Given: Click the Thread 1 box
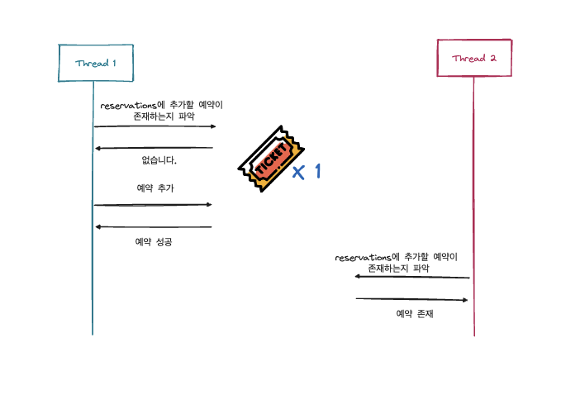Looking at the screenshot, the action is (96, 63).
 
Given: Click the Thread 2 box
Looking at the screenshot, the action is (473, 58).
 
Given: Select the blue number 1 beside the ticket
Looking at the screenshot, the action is (315, 171).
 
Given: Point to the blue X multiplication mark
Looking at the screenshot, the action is (298, 172).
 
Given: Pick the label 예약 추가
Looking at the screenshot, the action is (155, 188).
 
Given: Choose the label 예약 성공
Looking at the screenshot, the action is (154, 242).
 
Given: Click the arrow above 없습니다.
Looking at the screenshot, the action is (155, 148).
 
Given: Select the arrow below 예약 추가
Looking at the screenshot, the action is (154, 204).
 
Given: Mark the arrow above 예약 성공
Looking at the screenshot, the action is (154, 226).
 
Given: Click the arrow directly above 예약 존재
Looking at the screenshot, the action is (411, 299).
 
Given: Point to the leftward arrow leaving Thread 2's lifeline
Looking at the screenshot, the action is (412, 277).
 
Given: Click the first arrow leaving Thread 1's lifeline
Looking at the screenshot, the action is (155, 126).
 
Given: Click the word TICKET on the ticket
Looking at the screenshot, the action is (272, 157).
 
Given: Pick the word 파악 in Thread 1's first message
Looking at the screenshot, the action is (188, 117).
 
